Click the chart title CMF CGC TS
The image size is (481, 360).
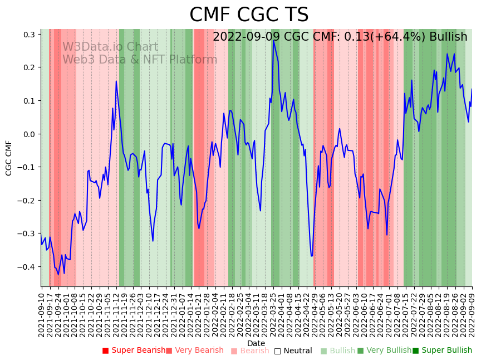point(248,15)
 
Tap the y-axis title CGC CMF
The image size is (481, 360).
point(9,158)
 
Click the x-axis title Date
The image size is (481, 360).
point(256,343)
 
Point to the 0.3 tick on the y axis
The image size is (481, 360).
point(28,35)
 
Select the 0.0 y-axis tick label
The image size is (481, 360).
point(28,134)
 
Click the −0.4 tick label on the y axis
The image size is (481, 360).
point(26,267)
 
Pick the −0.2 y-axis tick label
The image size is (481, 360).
point(26,201)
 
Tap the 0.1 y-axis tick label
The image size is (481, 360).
point(28,101)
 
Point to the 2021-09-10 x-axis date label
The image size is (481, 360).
point(42,312)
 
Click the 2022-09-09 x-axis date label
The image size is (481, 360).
point(473,312)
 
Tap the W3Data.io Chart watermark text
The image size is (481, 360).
point(110,47)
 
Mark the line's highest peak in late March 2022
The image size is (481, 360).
point(273,41)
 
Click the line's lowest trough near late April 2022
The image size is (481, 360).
point(312,256)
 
